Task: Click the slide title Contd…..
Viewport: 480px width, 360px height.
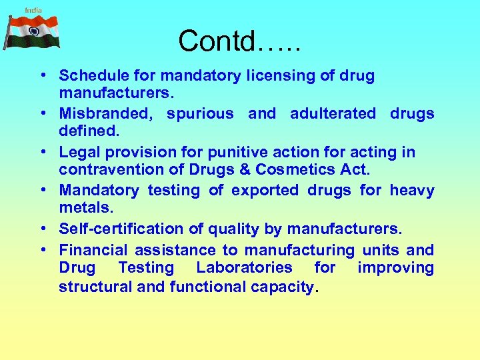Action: pyautogui.click(x=239, y=41)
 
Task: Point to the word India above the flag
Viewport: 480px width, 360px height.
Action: pyautogui.click(x=33, y=10)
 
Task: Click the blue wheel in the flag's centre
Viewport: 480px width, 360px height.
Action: pyautogui.click(x=34, y=31)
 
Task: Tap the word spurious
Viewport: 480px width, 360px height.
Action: pyautogui.click(x=200, y=113)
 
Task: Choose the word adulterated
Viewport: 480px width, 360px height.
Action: pyautogui.click(x=333, y=113)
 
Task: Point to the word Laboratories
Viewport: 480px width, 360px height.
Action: pyautogui.click(x=244, y=267)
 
